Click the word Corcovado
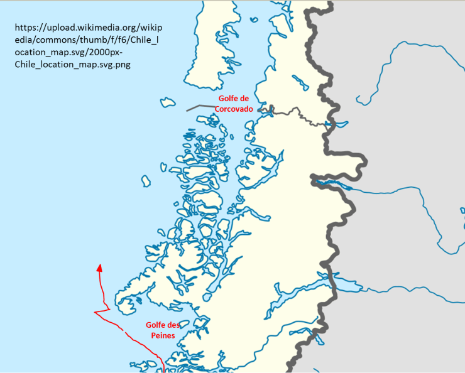tap(234, 109)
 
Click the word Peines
tap(161, 335)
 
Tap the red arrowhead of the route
tap(99, 268)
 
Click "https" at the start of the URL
tap(27, 28)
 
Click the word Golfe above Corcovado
tap(229, 99)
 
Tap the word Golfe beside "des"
tap(156, 325)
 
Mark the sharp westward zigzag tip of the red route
tap(96, 312)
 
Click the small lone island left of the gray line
tap(167, 101)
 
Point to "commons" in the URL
tap(43, 40)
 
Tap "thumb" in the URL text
tap(77, 40)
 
